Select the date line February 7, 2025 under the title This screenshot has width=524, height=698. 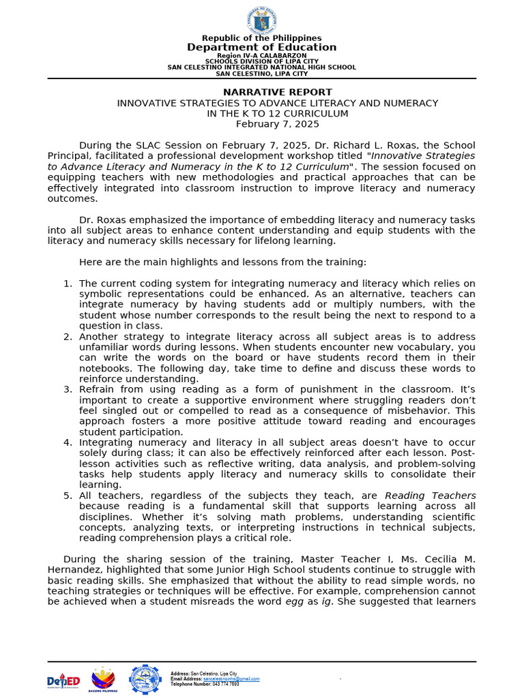[277, 124]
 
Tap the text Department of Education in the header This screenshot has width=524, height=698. [262, 47]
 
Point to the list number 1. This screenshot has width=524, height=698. [68, 284]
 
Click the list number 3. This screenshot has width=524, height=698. [68, 389]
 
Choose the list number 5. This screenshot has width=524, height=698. [68, 496]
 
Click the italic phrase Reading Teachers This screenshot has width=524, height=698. [431, 496]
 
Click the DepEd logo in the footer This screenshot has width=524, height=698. [63, 681]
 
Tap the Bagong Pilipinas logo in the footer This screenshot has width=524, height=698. [103, 679]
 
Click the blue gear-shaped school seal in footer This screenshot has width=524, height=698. [145, 679]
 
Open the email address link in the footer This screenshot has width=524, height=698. [232, 679]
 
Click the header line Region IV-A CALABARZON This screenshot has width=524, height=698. [262, 55]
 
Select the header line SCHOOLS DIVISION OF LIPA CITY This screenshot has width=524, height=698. [262, 61]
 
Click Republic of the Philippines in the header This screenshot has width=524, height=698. [262, 38]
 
